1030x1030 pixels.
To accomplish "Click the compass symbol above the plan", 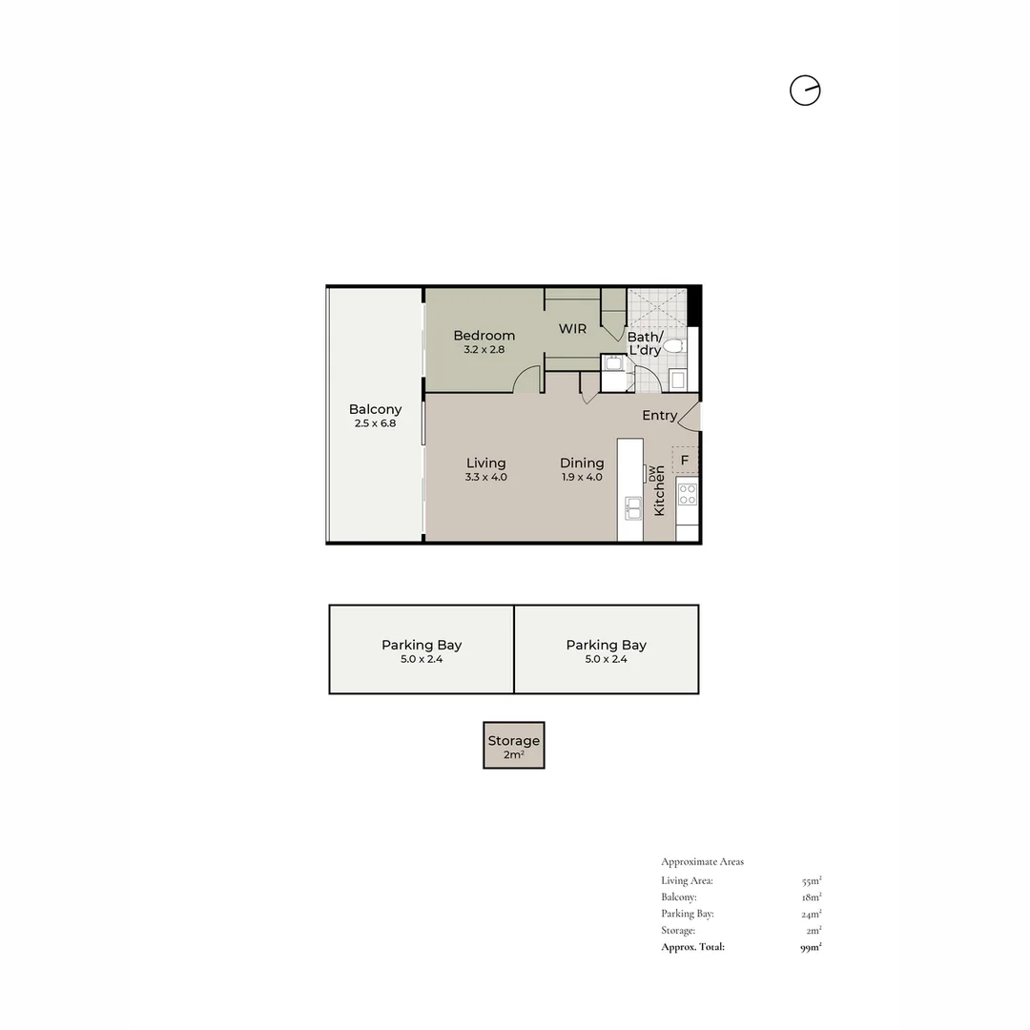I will [x=805, y=91].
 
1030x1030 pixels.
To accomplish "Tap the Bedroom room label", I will [x=484, y=336].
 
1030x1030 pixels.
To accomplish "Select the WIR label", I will [x=572, y=329].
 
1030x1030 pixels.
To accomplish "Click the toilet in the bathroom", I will [x=673, y=346].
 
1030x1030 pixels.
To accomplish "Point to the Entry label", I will [x=659, y=416].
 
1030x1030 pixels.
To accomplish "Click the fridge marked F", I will [x=685, y=460].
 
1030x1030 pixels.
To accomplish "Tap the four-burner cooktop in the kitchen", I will [x=687, y=493].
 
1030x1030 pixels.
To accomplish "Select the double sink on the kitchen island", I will [x=632, y=507].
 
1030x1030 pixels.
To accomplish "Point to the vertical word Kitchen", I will [x=659, y=498].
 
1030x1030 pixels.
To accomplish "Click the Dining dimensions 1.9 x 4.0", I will [x=581, y=477].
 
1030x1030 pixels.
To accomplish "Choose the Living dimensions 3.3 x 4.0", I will [x=485, y=477].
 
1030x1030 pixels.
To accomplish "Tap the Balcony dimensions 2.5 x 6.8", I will [x=375, y=422].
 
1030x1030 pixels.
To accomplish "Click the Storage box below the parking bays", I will [x=514, y=745].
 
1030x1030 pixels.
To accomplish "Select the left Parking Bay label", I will [x=422, y=645].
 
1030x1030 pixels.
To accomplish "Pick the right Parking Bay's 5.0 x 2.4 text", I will [x=606, y=659].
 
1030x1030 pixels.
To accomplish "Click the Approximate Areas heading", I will [x=702, y=862].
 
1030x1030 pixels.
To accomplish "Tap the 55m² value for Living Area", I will [x=812, y=881].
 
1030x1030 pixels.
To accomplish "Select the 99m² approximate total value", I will [x=811, y=947].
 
